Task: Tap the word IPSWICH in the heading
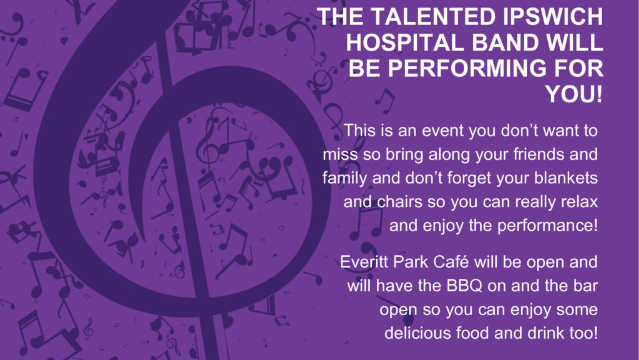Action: click(553, 16)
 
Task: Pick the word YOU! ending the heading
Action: click(574, 94)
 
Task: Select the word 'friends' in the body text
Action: click(530, 155)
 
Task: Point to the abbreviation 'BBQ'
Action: click(464, 286)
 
